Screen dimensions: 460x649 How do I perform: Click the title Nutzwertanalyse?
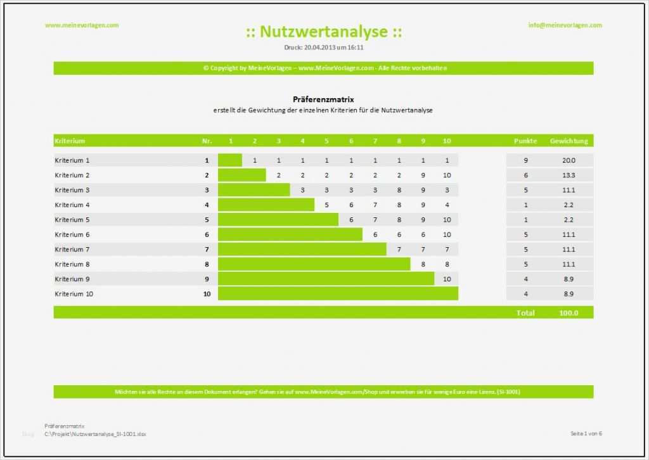(323, 32)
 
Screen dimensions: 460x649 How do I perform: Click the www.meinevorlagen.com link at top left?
(82, 25)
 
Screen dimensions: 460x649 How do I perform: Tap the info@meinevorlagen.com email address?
(565, 25)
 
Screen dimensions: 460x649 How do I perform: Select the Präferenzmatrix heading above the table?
(323, 99)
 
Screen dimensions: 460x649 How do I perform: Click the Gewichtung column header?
(569, 141)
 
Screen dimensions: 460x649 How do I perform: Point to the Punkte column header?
(525, 141)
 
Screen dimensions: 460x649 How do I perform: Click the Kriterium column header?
(70, 141)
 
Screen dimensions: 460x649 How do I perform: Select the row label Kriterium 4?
(72, 205)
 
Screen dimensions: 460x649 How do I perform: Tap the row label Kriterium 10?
(74, 294)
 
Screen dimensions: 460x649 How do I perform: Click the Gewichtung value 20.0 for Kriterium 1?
(569, 160)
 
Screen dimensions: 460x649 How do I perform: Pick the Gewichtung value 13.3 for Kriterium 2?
(569, 176)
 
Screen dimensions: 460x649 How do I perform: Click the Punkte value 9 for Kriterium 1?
(525, 160)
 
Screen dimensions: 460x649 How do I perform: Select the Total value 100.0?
(569, 312)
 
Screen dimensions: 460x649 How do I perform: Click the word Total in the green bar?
(525, 312)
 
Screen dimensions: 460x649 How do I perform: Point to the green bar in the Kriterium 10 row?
(338, 294)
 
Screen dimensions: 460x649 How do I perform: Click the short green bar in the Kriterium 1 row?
(229, 160)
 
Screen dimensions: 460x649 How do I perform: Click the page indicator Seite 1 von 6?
(586, 433)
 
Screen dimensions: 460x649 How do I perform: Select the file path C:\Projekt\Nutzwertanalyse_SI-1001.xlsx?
(95, 434)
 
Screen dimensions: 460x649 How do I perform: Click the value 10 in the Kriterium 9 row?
(447, 279)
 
